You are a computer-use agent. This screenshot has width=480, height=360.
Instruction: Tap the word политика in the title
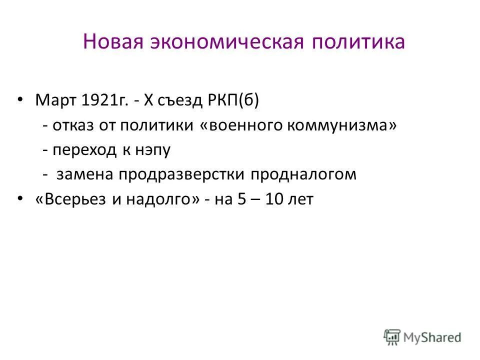tap(357, 41)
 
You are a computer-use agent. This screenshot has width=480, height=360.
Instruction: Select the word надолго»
tap(160, 199)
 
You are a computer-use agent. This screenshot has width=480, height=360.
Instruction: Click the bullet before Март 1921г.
tap(20, 100)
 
